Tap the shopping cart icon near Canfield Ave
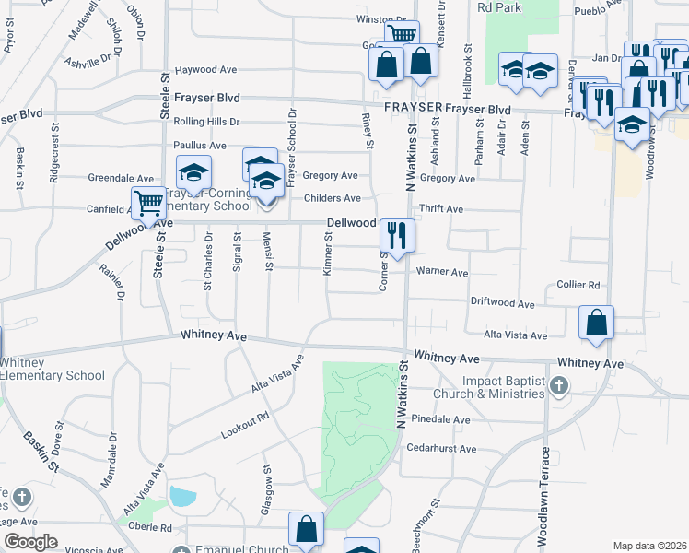[147, 204]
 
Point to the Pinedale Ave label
[442, 419]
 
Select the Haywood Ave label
[207, 70]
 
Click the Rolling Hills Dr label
[206, 122]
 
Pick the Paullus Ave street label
[200, 146]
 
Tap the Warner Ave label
[442, 273]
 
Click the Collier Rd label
[578, 286]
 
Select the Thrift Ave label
[441, 209]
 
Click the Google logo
[30, 542]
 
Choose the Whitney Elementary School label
[53, 369]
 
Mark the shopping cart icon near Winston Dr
[401, 35]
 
